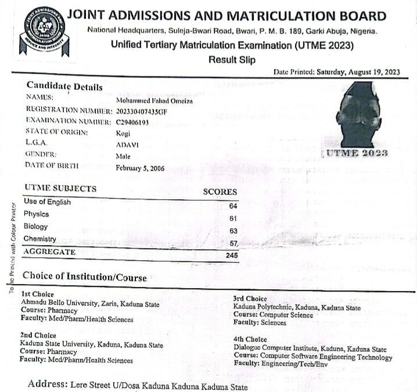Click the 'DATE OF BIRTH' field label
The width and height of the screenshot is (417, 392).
52,165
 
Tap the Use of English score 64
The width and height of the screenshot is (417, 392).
234,206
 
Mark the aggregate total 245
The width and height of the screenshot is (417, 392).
232,254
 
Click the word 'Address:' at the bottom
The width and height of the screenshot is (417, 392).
47,385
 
